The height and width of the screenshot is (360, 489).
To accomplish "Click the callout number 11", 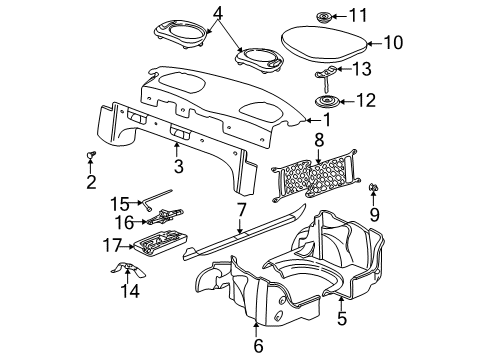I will [x=363, y=15].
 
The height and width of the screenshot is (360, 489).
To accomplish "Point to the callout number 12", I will [x=364, y=101].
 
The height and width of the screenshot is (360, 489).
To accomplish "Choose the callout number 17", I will [x=113, y=244].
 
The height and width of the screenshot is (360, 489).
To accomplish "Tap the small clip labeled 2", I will [x=89, y=156].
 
